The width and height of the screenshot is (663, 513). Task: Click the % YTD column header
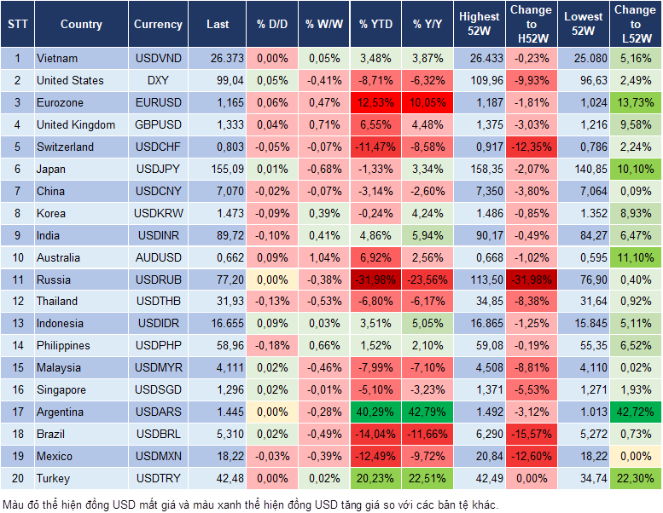(375, 25)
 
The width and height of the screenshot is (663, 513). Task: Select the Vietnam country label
(57, 58)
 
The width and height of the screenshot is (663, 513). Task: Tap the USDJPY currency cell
(158, 169)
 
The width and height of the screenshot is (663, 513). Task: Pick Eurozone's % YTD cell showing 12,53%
(375, 102)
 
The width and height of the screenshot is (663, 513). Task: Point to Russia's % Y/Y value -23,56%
(428, 280)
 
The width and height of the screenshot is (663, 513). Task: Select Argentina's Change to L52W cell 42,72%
(635, 412)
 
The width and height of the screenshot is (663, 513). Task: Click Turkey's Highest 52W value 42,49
(480, 478)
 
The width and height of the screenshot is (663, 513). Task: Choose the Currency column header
(158, 25)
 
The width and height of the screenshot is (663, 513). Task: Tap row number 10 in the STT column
(16, 257)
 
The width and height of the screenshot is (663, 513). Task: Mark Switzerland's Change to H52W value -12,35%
(531, 147)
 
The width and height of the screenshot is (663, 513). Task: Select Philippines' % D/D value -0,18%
(272, 346)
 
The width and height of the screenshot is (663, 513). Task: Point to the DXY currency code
(158, 80)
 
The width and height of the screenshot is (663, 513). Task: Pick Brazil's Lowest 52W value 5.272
(584, 434)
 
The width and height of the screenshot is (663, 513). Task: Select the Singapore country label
(61, 389)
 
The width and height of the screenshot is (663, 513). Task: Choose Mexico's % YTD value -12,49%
(375, 456)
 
